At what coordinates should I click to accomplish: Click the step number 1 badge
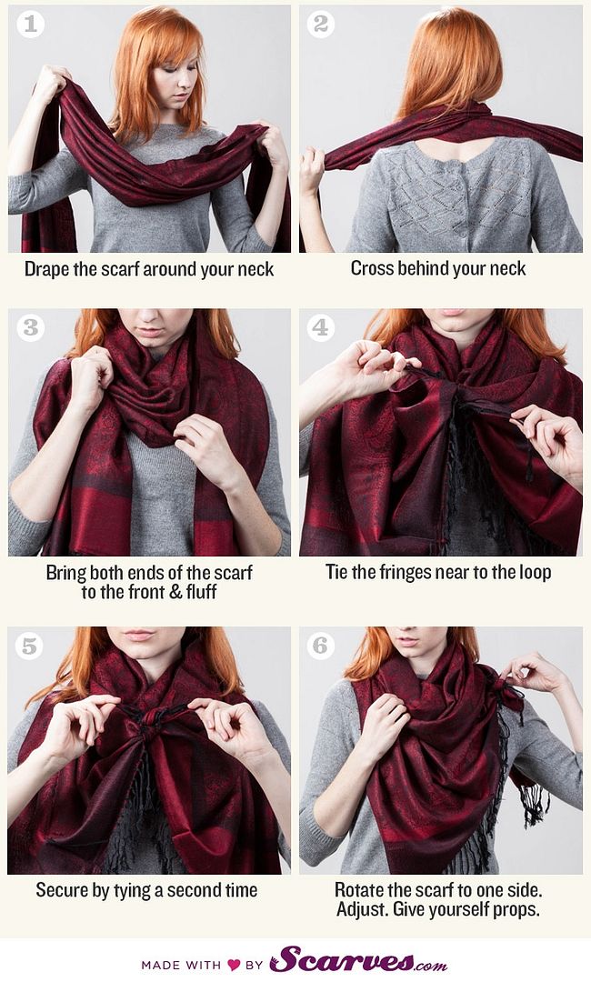(x=29, y=25)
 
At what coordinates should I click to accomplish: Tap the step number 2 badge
(x=320, y=25)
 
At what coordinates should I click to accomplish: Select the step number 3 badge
(x=30, y=327)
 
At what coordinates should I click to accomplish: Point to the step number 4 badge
(x=320, y=327)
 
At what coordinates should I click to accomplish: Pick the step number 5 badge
(x=29, y=646)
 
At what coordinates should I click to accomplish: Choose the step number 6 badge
(x=320, y=646)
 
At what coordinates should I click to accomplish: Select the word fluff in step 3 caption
(x=201, y=592)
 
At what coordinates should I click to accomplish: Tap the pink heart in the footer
(x=235, y=965)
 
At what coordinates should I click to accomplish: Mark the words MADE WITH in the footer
(x=181, y=965)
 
